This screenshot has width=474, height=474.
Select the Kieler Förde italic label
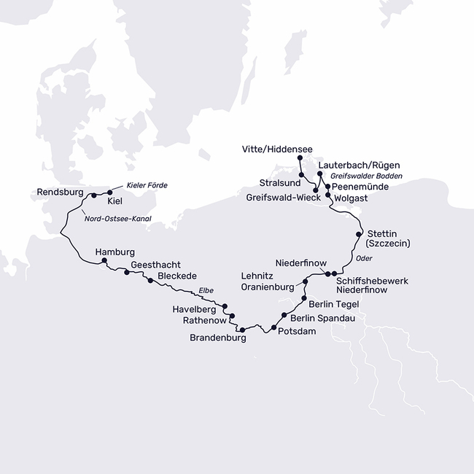147,185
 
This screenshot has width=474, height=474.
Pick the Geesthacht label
155,265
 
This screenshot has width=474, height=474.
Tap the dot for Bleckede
150,280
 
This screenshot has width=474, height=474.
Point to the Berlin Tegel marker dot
303,299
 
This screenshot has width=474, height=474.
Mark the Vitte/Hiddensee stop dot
300,159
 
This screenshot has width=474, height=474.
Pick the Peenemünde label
360,187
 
